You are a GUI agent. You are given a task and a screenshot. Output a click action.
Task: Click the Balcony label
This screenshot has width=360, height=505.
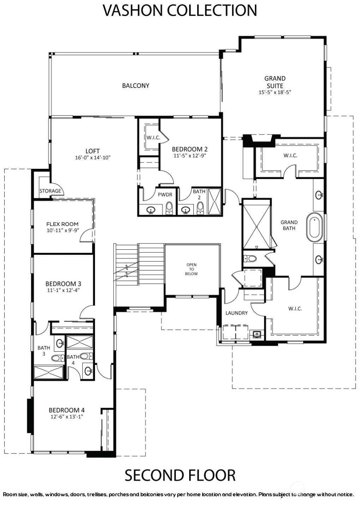pyautogui.click(x=136, y=86)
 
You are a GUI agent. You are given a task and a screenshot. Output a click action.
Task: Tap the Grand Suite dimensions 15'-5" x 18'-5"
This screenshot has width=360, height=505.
pyautogui.click(x=275, y=92)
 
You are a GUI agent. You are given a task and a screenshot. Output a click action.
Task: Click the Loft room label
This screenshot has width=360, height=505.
pyautogui.click(x=92, y=151)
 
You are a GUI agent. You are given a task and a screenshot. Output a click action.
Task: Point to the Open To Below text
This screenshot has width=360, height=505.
pyautogui.click(x=192, y=269)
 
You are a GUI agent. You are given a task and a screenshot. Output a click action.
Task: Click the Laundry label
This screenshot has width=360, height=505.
pyautogui.click(x=236, y=313)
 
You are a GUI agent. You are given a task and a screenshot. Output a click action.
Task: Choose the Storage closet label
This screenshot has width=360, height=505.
pyautogui.click(x=50, y=191)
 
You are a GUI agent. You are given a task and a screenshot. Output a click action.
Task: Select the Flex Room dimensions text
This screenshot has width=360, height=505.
pyautogui.click(x=63, y=230)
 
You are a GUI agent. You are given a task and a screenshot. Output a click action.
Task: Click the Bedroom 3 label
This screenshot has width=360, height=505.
pyautogui.click(x=63, y=284)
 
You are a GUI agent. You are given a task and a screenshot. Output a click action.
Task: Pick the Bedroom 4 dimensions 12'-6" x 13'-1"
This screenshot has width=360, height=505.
pyautogui.click(x=67, y=416)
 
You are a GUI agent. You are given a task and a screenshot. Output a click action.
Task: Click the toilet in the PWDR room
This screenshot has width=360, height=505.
pyautogui.click(x=169, y=208)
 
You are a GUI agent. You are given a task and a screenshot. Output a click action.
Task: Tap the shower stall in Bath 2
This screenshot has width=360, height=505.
pyautogui.click(x=214, y=202)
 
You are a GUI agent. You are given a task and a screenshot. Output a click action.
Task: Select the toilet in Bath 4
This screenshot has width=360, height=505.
pyautogui.click(x=86, y=356)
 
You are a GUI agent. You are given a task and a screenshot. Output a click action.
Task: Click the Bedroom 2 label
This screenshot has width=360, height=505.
pyautogui.click(x=190, y=149)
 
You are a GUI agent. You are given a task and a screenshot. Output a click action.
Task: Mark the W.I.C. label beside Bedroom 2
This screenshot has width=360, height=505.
pyautogui.click(x=153, y=137)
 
